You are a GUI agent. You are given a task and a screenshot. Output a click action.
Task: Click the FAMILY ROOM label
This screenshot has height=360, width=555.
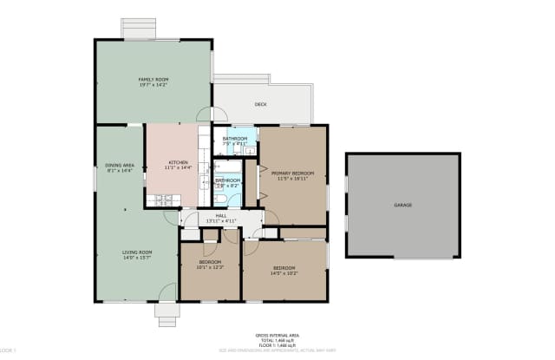click(151, 80)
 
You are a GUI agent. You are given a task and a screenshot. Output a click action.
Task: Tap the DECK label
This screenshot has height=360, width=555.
click(260, 105)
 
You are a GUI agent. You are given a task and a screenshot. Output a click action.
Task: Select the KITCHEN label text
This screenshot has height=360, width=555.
click(179, 161)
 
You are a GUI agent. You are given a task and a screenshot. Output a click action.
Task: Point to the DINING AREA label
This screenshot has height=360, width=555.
click(119, 165)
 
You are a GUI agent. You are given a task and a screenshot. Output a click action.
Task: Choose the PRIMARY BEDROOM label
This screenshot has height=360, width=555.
click(292, 173)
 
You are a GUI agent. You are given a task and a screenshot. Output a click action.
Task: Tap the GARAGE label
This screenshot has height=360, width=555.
click(403, 205)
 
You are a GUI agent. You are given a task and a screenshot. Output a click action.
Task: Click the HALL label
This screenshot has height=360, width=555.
click(221, 215)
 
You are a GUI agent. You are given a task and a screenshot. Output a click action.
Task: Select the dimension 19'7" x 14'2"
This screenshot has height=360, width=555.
click(151, 86)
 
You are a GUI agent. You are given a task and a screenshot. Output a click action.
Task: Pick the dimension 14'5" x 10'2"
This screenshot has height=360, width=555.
click(285, 273)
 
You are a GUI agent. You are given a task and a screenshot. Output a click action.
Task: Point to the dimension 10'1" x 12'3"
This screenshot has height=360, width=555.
click(211, 267)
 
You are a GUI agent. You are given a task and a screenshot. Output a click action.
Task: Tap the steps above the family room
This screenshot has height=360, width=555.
click(138, 29)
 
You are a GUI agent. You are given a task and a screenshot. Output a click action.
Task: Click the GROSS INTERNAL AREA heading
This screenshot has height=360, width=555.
click(277, 334)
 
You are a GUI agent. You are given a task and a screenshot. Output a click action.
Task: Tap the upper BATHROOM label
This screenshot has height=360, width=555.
click(235, 139)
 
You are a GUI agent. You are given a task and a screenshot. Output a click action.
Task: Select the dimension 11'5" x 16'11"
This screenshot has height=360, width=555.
click(292, 180)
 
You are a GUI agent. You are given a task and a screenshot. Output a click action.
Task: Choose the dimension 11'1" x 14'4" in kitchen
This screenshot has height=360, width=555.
click(179, 167)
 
